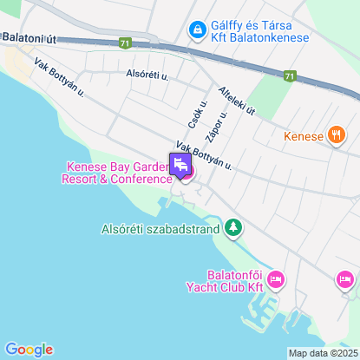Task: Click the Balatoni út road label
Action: (x=30, y=37)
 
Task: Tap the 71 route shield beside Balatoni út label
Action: (x=127, y=43)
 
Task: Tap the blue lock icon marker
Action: (x=198, y=30)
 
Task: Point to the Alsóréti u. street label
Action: (x=146, y=75)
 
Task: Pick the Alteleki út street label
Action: (x=238, y=101)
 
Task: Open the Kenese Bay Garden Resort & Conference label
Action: (x=117, y=173)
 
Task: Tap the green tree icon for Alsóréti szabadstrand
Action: (x=232, y=228)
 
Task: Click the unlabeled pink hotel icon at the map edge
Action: (x=345, y=278)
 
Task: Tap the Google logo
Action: (x=28, y=349)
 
